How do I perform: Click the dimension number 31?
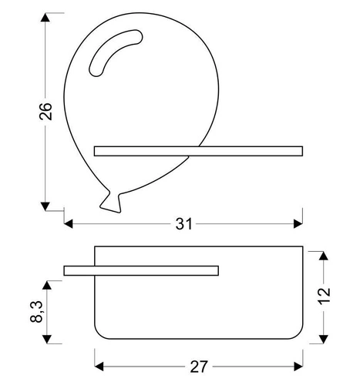(183, 223)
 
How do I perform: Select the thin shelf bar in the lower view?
(142, 269)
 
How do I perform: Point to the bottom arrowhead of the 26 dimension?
(46, 206)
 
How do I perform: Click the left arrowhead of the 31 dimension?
(68, 223)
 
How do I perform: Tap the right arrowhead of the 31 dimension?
(298, 223)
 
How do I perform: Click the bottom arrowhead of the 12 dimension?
(325, 336)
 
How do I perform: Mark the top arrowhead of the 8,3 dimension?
(48, 285)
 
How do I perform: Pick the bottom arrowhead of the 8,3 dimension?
(48, 338)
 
